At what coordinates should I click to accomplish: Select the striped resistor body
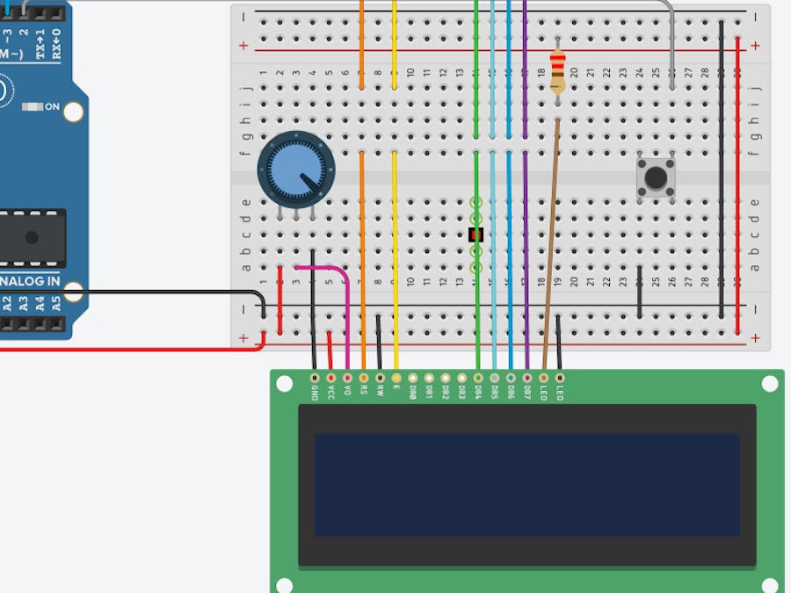point(557,72)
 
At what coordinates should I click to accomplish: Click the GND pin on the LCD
point(315,377)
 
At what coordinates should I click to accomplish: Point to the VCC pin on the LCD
point(330,377)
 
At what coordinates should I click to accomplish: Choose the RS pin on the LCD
point(364,377)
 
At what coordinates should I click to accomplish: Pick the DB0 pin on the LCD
point(413,377)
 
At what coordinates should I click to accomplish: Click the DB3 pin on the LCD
point(461,377)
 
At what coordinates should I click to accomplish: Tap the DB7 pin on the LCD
point(526,377)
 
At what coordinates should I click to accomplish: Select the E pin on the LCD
point(396,377)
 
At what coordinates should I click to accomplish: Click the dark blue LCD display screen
point(526,484)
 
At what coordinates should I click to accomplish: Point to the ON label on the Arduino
point(52,107)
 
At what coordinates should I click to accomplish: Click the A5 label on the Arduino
point(55,304)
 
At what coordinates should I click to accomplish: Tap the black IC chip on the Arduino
point(32,237)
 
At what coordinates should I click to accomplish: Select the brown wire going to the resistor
point(551,246)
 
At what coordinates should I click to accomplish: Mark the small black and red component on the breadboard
point(476,235)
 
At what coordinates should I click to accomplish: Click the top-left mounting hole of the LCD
point(284,384)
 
